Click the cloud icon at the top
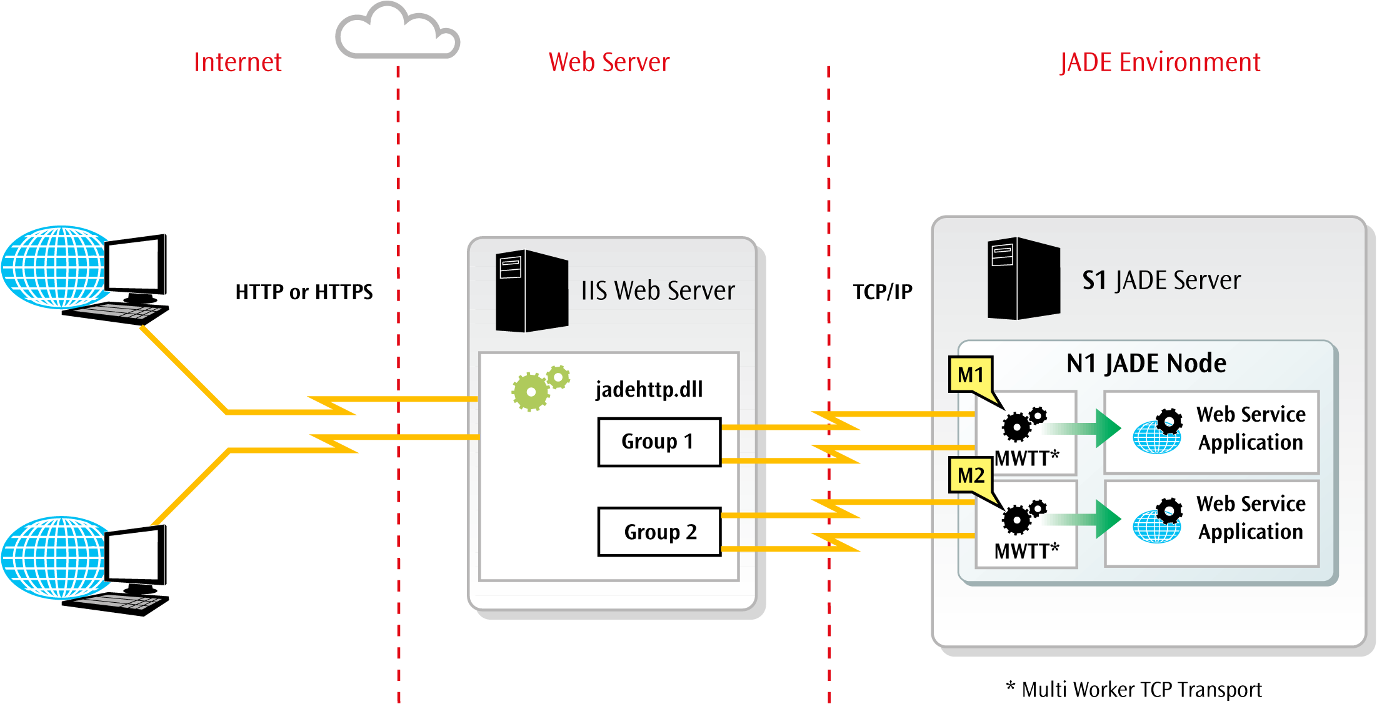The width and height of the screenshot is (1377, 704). point(398,32)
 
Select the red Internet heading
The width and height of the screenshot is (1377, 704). point(238,62)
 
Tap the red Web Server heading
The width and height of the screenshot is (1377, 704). point(609,62)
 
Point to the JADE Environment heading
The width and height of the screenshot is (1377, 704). point(1160,62)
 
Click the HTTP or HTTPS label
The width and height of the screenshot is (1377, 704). point(304,292)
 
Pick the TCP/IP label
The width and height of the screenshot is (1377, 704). point(883,292)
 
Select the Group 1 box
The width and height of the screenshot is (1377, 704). point(659,442)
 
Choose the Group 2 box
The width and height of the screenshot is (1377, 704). point(659,532)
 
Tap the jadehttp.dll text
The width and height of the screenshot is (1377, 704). point(649,389)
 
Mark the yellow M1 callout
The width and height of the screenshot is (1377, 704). point(971,375)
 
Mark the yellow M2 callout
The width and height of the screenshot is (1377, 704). point(971,475)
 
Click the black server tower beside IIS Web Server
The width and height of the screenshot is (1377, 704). point(531,290)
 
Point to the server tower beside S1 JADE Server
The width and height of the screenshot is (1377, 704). point(1023,279)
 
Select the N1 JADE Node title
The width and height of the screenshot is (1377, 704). point(1146,363)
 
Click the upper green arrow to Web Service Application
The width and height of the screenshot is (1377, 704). point(1088,429)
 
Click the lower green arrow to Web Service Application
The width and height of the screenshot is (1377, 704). point(1088,518)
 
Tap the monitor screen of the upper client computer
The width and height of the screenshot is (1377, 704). point(134,265)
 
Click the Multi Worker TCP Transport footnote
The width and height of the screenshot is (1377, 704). point(1134,689)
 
